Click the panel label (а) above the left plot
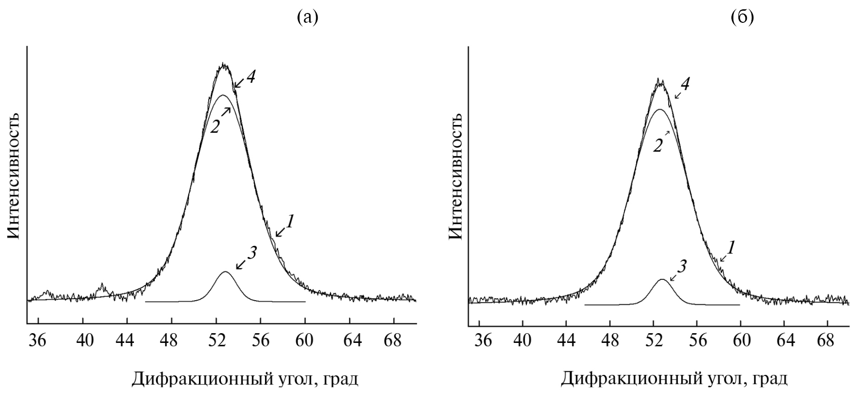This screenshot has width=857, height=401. [307, 17]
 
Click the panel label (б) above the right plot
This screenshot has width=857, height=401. [742, 17]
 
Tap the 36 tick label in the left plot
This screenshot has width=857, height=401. [38, 341]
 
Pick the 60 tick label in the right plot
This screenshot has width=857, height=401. [742, 341]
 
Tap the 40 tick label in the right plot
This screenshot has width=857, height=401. [522, 341]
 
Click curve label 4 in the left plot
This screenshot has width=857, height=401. [251, 77]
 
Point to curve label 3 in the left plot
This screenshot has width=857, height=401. [252, 253]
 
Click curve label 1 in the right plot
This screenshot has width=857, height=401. [731, 248]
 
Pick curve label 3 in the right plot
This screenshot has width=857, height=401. [682, 267]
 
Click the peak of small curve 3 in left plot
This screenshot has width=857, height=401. [226, 272]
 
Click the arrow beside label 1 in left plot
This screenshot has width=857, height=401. [280, 232]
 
